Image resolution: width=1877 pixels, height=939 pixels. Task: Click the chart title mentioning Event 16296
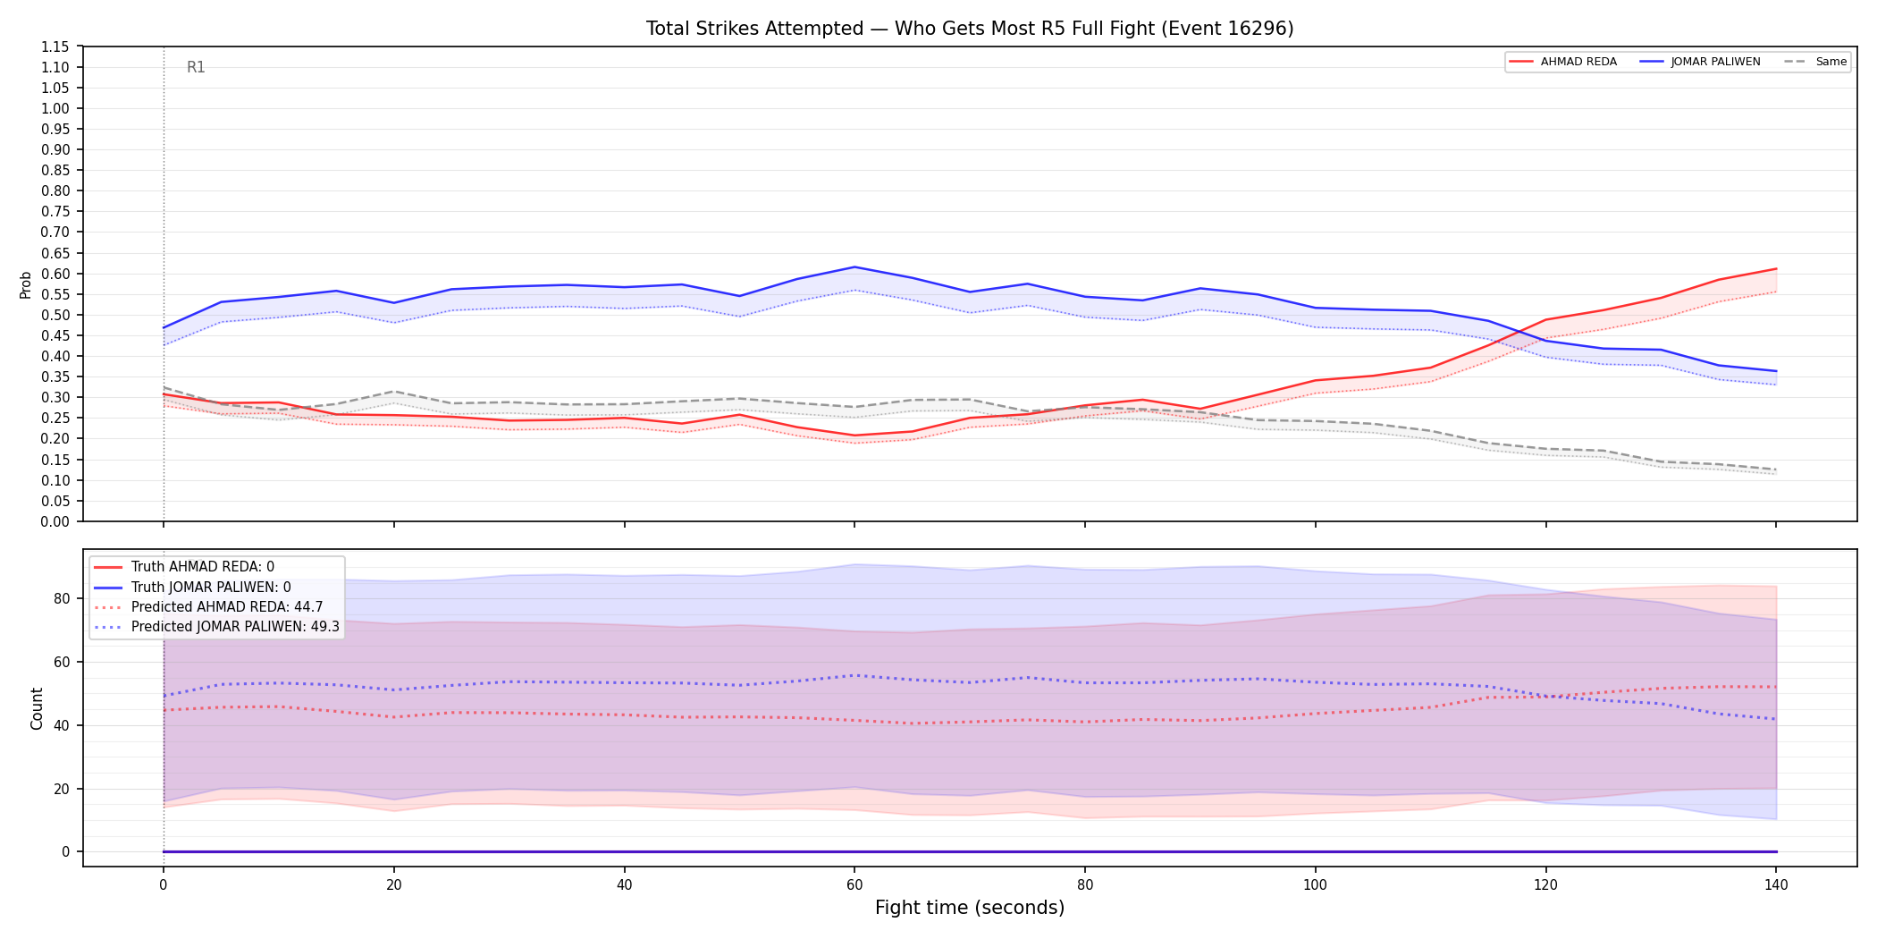tap(970, 29)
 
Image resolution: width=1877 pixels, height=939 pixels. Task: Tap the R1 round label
tap(196, 67)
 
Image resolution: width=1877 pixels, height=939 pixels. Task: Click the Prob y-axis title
tap(25, 284)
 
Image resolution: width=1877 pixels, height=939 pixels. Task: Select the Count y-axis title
tap(37, 708)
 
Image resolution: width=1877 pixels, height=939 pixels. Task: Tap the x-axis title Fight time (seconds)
tap(970, 908)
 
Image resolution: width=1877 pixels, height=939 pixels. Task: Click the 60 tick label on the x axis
tap(854, 885)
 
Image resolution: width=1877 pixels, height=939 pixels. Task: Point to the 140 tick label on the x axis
tap(1776, 885)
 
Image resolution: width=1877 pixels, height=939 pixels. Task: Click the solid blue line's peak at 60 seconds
tap(854, 266)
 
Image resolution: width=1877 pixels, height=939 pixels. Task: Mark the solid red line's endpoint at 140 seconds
tap(1776, 269)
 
